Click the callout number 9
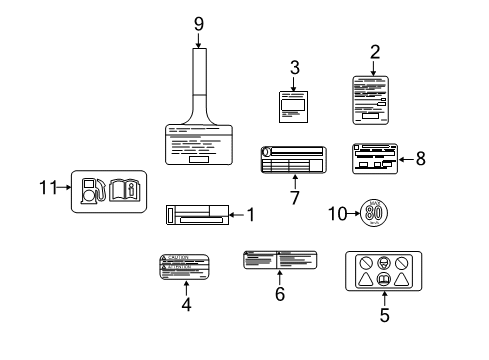198,23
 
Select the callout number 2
376,52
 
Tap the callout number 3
295,68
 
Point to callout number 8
419,157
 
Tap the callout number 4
186,304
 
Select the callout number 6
280,294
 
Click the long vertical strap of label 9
198,80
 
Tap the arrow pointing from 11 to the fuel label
68,186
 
